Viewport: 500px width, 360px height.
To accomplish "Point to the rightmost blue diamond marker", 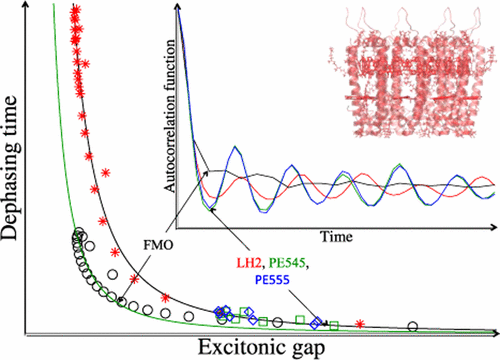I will [316, 322].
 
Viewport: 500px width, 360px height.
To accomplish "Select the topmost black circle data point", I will [77, 234].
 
